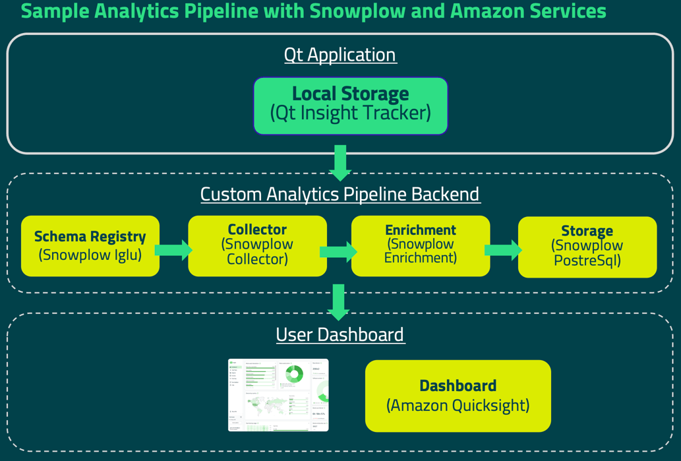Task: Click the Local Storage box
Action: [x=350, y=106]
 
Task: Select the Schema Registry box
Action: [x=90, y=245]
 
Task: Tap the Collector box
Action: [x=257, y=245]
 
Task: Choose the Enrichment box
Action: [x=421, y=245]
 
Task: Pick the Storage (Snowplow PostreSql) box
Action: [x=587, y=247]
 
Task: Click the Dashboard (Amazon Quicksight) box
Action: [x=458, y=396]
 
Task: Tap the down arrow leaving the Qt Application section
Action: [x=340, y=162]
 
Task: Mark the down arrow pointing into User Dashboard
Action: [x=339, y=301]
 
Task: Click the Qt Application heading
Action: [x=340, y=54]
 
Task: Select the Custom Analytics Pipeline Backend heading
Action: [x=340, y=194]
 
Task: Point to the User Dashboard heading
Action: [x=340, y=334]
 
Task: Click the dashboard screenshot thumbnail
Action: [x=278, y=395]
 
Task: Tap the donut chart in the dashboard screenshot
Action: [x=294, y=374]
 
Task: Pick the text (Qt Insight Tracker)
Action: [x=350, y=113]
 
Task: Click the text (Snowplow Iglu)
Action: [x=90, y=255]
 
